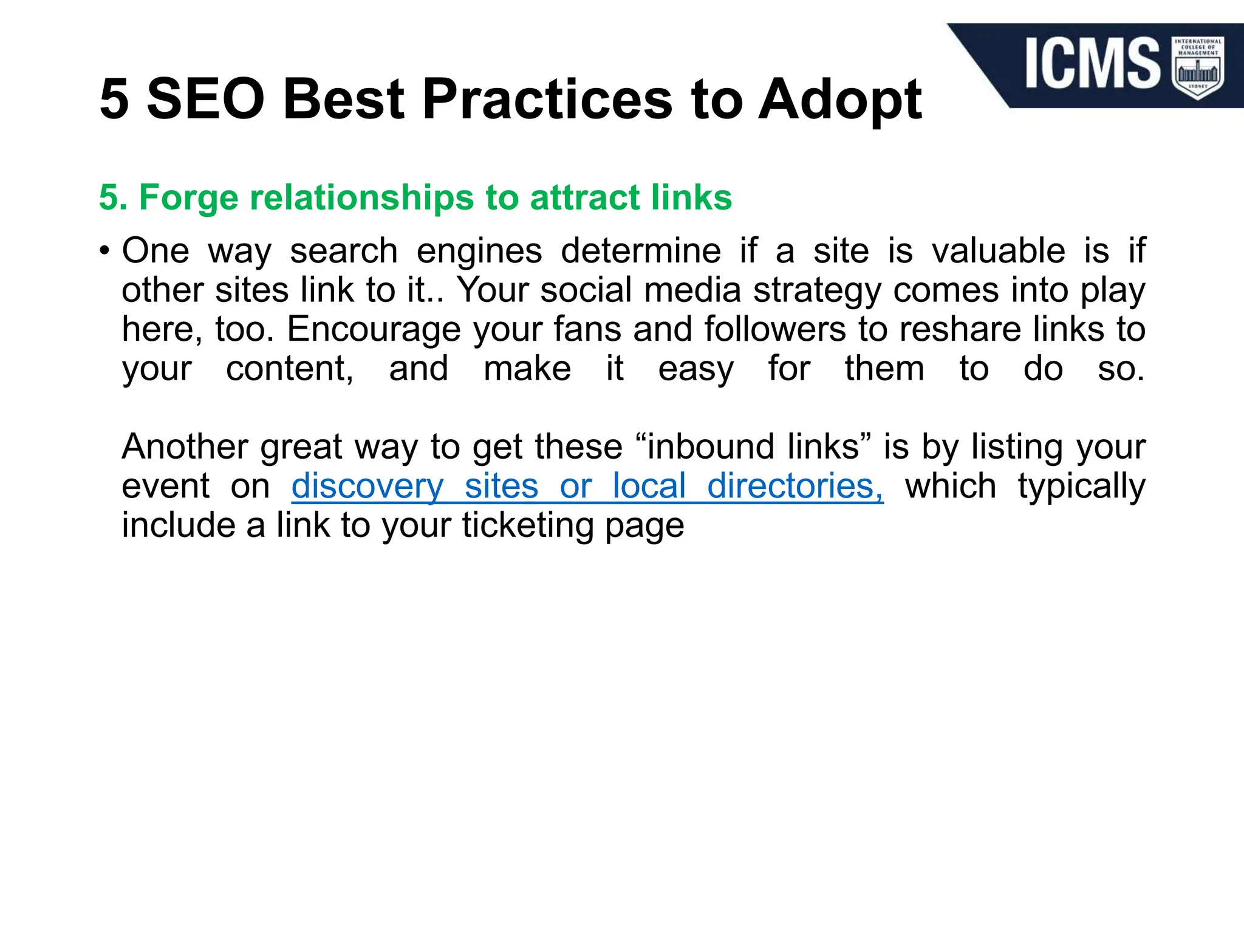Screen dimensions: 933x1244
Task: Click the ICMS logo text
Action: (1093, 63)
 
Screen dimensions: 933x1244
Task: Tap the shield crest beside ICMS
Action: (1198, 67)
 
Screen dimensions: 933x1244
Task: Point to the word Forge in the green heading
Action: (189, 198)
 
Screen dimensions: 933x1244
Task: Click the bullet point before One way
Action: (105, 251)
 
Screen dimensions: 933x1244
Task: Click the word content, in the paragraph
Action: (290, 369)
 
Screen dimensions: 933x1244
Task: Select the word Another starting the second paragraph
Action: (185, 446)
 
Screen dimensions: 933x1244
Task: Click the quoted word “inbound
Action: (705, 446)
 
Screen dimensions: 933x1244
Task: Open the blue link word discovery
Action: (367, 487)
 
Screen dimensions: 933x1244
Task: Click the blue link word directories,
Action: (795, 486)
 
